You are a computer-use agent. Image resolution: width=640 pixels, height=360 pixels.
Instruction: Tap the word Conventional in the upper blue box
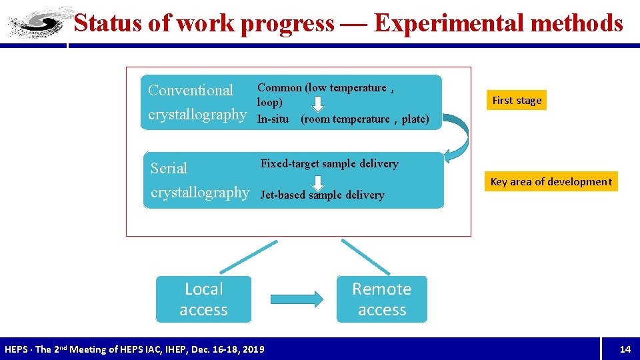click(191, 90)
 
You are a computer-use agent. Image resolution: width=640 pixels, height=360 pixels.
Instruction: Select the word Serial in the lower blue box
click(169, 168)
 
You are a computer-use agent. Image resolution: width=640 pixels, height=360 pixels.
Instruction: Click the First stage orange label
click(517, 100)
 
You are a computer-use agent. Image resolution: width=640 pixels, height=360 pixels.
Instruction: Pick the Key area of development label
click(551, 181)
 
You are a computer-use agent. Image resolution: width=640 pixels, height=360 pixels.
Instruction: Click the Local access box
click(203, 299)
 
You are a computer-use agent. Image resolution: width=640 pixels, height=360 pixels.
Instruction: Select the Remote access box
click(381, 299)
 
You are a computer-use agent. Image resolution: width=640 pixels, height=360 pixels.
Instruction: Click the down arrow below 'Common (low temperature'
click(319, 103)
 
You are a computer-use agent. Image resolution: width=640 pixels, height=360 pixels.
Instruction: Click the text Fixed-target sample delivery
click(329, 163)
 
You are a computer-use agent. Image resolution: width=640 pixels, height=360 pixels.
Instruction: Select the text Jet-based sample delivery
click(322, 195)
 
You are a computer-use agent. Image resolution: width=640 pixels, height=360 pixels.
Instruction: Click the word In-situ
click(273, 119)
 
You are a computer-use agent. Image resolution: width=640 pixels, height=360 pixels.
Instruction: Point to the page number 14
click(625, 349)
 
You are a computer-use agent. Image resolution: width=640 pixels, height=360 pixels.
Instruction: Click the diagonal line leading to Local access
click(248, 256)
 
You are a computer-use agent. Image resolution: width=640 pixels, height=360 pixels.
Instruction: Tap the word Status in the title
click(107, 23)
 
